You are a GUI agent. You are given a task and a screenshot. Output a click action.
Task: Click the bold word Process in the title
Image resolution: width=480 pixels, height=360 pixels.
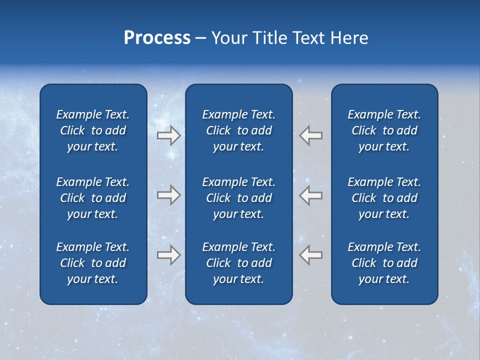[157, 38]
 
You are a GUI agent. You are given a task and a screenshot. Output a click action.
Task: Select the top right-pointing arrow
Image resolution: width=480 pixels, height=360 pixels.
[168, 135]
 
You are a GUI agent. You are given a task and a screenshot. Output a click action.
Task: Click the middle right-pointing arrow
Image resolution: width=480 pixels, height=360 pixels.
[168, 195]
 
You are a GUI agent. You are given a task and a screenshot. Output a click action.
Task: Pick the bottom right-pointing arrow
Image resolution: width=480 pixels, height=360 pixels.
[168, 255]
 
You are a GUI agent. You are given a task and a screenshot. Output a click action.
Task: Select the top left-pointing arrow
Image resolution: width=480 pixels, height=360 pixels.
[311, 135]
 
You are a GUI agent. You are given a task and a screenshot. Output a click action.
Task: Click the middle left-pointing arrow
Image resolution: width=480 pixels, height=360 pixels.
[311, 195]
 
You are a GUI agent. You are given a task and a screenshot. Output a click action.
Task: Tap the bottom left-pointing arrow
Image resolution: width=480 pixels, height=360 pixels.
[311, 255]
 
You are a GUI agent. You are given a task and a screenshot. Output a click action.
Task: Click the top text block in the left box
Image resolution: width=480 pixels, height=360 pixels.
[93, 130]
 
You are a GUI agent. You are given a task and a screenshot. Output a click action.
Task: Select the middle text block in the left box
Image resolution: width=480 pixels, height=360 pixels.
[93, 198]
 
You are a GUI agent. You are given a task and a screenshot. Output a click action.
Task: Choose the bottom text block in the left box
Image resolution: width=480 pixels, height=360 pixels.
[93, 263]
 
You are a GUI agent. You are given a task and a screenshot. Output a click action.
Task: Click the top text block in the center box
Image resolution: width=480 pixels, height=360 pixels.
[238, 130]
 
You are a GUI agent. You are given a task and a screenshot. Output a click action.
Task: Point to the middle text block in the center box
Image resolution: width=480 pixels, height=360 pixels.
[238, 198]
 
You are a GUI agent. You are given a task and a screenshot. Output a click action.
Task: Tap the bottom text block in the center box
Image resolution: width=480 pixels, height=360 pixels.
[238, 263]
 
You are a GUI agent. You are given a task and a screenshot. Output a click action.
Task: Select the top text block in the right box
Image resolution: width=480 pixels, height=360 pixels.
[384, 130]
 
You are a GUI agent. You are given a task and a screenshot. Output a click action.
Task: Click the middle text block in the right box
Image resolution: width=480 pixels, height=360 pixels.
[384, 198]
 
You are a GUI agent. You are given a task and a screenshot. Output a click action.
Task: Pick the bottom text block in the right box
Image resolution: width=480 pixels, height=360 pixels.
[384, 263]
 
